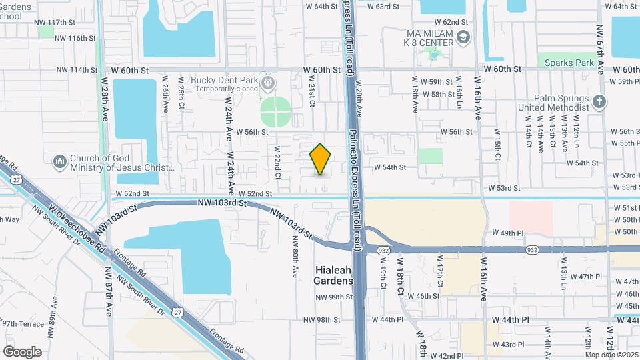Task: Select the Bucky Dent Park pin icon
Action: coord(269,84)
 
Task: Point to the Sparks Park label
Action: coord(569,63)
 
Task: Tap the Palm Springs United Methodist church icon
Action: coord(599,102)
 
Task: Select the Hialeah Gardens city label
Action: coord(334,275)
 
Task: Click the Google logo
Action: coord(22,351)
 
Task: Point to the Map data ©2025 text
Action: coord(611,354)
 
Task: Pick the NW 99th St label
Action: coord(333,297)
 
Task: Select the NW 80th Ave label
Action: coord(295,259)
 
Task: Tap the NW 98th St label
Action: coord(319,320)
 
